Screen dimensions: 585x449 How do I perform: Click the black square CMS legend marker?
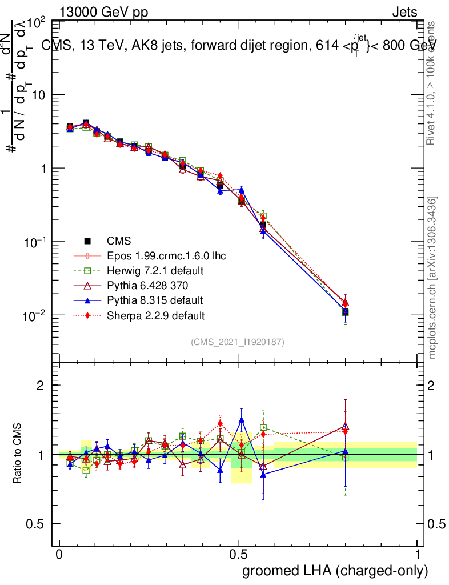click(89, 241)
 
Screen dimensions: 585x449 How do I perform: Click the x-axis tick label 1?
click(418, 555)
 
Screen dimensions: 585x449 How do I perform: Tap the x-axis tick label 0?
click(59, 555)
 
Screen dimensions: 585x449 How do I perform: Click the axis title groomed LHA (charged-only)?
click(335, 571)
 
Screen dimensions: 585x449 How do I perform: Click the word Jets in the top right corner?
click(404, 12)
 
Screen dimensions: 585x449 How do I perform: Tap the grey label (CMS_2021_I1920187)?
click(238, 342)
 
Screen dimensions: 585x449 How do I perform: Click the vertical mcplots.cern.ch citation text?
click(432, 278)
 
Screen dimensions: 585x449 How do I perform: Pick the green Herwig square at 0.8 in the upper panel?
click(345, 312)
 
